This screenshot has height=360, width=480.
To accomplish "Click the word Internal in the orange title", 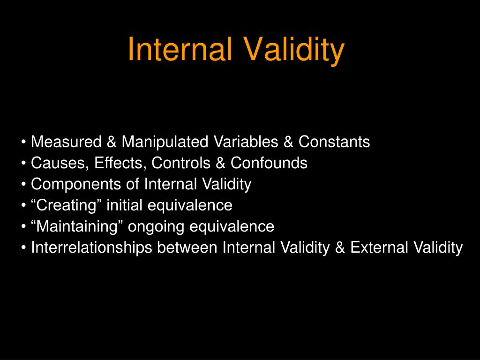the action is point(180,49).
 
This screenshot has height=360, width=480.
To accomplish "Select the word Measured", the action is point(66,142).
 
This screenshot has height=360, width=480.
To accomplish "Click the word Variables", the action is point(246,142).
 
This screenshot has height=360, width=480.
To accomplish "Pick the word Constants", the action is point(334,142).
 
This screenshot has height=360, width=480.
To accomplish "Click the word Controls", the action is point(180,163).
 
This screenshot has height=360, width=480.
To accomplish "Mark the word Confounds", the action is point(269,163).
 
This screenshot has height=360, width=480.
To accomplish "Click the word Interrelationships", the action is point(91,247).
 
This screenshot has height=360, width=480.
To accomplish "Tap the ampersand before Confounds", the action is point(220,163).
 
